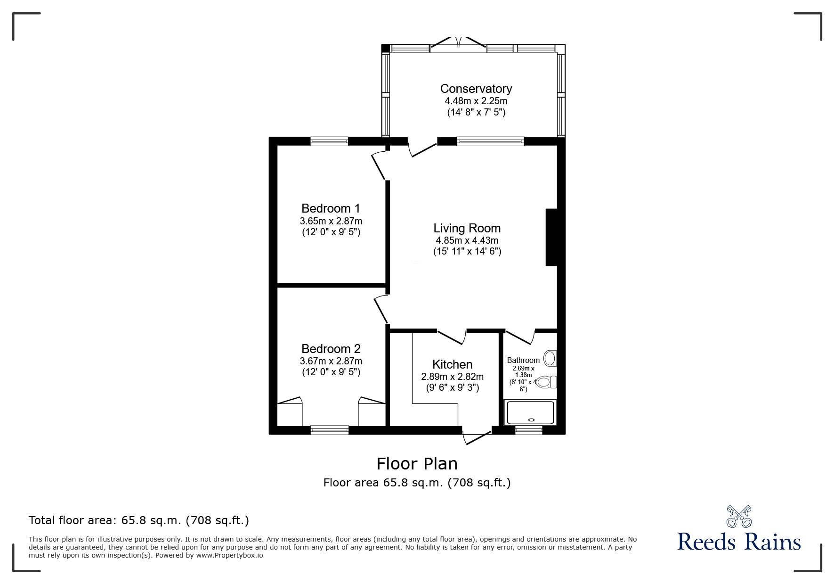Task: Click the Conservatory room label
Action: point(476,89)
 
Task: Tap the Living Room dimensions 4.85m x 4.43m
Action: point(467,240)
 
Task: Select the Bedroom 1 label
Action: point(331,208)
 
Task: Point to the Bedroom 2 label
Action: point(331,349)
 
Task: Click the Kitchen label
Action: point(452,364)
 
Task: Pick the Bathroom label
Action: point(523,360)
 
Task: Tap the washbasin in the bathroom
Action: point(550,359)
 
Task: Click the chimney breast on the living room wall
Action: point(551,237)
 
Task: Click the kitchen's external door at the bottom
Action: point(477,436)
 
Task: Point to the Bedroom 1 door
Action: point(379,166)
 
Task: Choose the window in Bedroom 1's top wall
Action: point(329,140)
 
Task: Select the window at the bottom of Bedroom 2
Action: point(330,429)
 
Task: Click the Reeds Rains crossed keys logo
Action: point(739,517)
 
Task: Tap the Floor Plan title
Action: point(417,464)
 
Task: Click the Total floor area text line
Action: point(139,520)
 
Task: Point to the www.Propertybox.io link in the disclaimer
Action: point(229,555)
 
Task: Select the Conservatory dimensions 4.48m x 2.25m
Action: point(476,101)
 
